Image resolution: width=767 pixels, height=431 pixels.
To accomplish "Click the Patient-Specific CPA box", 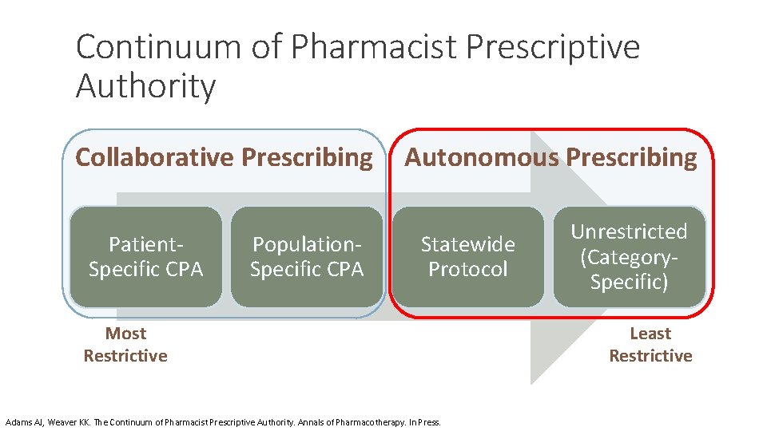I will click(145, 256).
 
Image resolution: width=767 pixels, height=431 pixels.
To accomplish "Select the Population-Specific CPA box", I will click(307, 256).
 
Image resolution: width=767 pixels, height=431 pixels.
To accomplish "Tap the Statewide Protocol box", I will click(468, 256).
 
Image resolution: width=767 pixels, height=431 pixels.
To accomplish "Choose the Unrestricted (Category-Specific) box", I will click(630, 256).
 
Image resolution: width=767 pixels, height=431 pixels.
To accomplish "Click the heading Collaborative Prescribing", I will click(224, 158).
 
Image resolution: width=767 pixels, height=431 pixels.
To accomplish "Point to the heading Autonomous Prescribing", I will click(550, 158).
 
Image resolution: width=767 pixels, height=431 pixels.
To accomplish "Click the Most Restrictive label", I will click(125, 345).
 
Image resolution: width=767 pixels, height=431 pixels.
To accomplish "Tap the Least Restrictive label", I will click(650, 345).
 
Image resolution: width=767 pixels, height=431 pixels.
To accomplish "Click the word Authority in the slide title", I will click(145, 86).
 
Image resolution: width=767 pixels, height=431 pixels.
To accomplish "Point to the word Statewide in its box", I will click(468, 243).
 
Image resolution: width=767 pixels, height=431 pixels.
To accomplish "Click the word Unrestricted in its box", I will click(629, 231).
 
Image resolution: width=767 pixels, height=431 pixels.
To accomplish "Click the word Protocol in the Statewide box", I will click(468, 269).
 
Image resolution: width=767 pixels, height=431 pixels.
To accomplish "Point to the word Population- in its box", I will click(307, 243).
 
